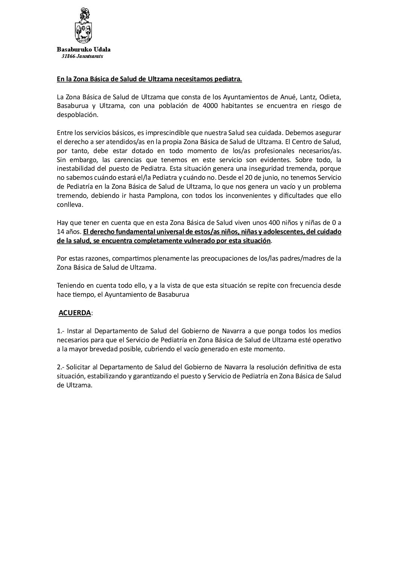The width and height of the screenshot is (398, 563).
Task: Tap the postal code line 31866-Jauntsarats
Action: [82, 56]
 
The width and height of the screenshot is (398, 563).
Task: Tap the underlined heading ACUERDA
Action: [74, 313]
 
